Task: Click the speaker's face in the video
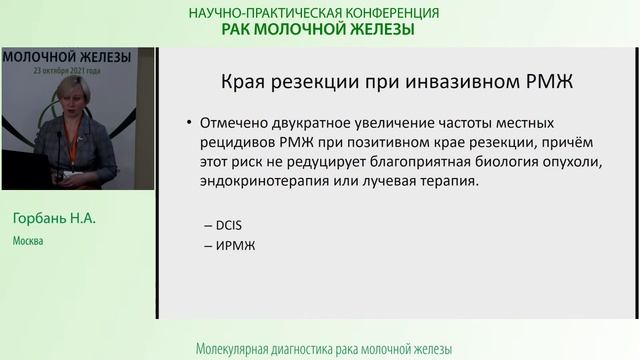coord(74,96)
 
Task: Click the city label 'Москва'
coord(28,241)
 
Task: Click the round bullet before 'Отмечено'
coord(190,124)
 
